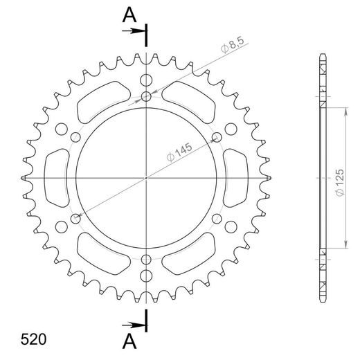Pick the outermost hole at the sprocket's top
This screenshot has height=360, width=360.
[147, 80]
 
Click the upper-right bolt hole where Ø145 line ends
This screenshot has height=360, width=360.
[217, 136]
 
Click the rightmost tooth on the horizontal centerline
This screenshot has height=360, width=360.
[267, 178]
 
